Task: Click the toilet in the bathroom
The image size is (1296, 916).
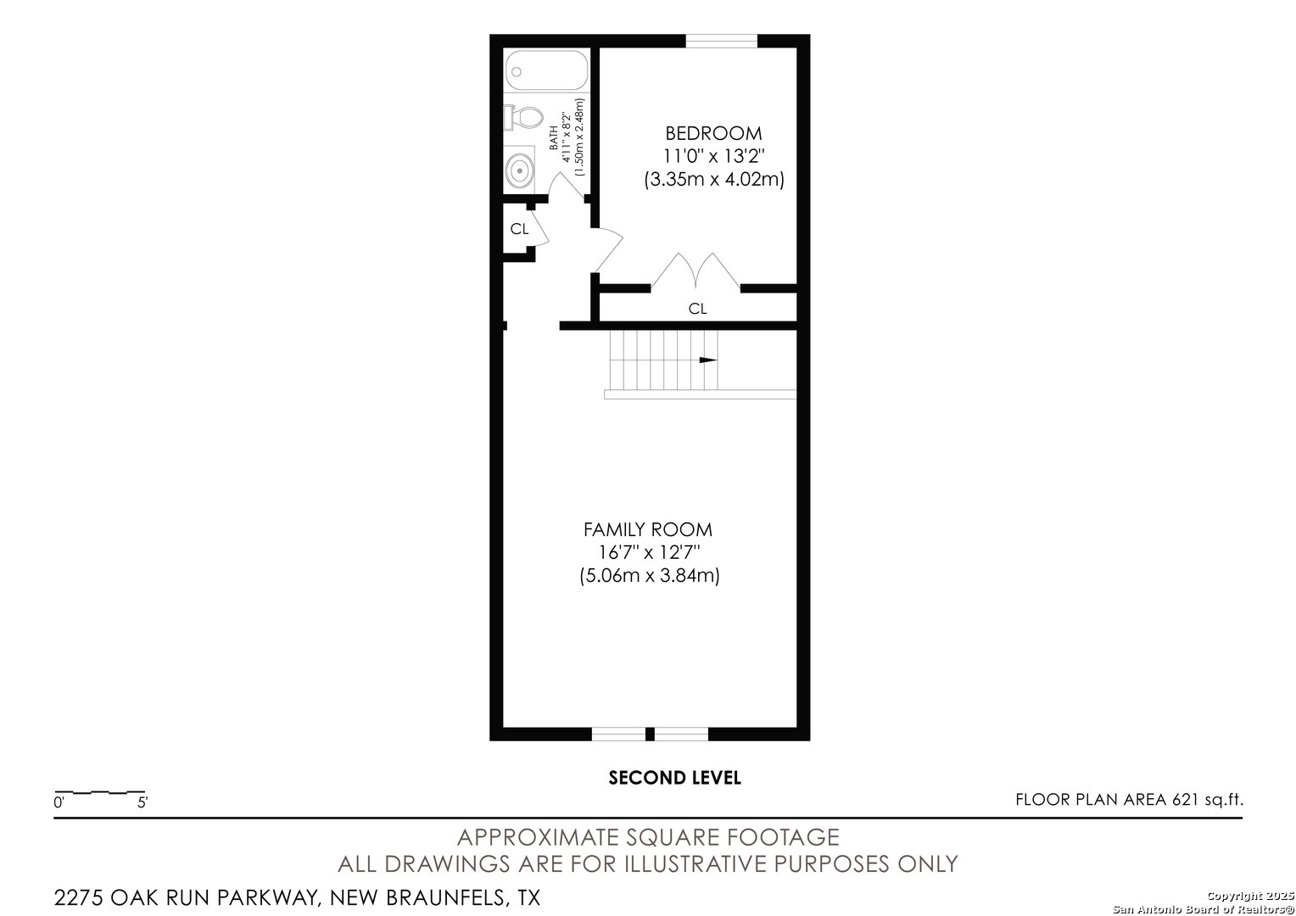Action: [523, 117]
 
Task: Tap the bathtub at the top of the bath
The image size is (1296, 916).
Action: [547, 70]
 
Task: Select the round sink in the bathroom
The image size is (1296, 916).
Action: [520, 170]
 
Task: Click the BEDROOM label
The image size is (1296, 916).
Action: [713, 134]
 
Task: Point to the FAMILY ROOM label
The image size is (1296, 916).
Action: [647, 529]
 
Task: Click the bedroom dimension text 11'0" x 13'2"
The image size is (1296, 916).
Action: [713, 156]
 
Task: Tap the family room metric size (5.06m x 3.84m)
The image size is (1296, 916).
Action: [649, 576]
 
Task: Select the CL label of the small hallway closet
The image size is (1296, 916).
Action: [519, 229]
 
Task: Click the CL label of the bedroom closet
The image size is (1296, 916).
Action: [697, 309]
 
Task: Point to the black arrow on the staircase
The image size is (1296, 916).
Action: [708, 360]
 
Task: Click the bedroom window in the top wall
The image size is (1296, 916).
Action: [722, 41]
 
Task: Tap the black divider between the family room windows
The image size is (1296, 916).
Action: [650, 734]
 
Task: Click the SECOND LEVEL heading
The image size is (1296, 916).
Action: [674, 778]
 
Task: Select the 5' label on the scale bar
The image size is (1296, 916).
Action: [142, 802]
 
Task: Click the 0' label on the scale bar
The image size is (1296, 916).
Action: [59, 802]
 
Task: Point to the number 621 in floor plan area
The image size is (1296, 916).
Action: [1186, 799]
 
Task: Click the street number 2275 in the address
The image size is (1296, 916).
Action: [79, 897]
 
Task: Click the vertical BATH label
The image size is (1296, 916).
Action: [554, 137]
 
